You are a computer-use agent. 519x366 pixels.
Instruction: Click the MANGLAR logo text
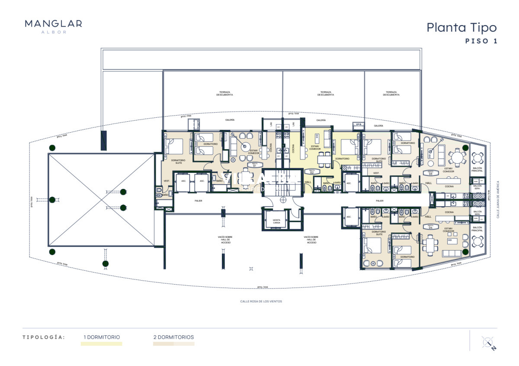[x=53, y=24]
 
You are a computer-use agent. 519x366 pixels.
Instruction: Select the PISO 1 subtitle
[x=481, y=42]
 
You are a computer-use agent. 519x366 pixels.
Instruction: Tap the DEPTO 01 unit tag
[x=254, y=165]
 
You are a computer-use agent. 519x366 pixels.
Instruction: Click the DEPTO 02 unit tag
[x=311, y=171]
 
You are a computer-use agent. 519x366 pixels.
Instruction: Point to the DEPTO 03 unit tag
[x=430, y=172]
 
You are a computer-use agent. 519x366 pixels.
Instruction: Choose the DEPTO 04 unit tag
[x=430, y=227]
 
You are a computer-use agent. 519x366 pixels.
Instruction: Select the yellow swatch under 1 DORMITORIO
[x=101, y=344]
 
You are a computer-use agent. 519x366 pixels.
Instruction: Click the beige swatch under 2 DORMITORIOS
[x=173, y=344]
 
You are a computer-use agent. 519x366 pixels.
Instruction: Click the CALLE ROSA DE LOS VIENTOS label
[x=261, y=301]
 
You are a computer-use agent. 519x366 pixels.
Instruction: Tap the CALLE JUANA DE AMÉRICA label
[x=498, y=199]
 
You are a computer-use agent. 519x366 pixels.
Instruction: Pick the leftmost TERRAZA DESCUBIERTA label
[x=224, y=93]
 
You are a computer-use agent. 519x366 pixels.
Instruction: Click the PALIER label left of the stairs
[x=199, y=201]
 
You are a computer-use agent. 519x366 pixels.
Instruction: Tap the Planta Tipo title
[x=461, y=27]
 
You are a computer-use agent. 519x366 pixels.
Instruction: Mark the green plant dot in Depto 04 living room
[x=465, y=251]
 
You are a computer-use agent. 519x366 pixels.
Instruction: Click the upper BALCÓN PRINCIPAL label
[x=477, y=170]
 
